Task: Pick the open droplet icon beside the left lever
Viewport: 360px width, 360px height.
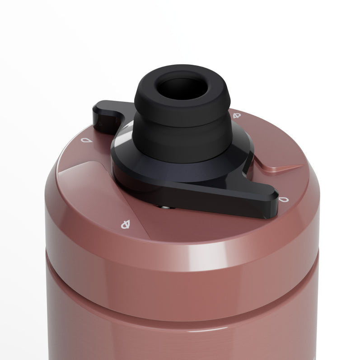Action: (x=84, y=140)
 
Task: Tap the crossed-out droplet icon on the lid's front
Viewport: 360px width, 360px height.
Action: (x=126, y=223)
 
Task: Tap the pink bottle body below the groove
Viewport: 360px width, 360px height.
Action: (x=181, y=325)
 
